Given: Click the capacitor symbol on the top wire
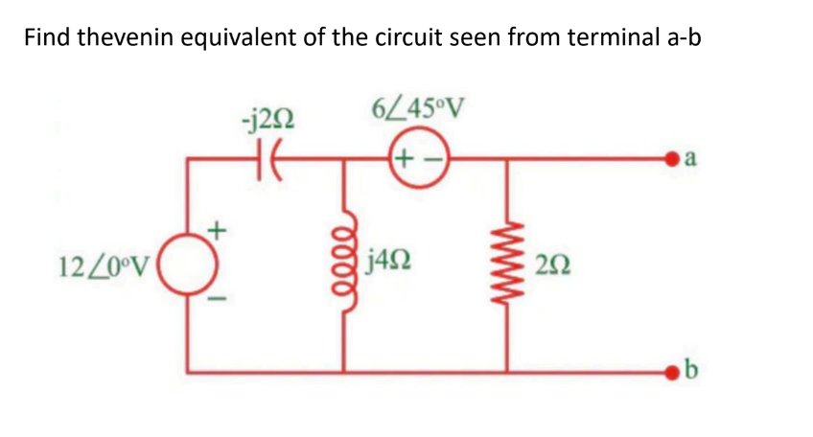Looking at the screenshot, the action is coord(269,159).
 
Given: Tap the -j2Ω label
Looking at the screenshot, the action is coord(268,121).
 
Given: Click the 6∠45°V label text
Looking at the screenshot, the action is coord(418,108).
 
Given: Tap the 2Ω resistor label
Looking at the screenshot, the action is coord(554,265).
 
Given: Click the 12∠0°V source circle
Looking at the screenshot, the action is coord(187,264).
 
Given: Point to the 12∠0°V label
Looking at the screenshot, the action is coord(105,265).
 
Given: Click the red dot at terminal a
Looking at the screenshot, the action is coord(673,159).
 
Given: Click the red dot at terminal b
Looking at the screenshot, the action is coord(673,371).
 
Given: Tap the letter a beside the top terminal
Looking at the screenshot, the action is coord(690,159).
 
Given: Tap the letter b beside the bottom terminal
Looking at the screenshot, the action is coord(691,369).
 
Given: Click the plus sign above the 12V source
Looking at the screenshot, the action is coord(218,230).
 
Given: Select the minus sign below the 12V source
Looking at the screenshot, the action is coord(218,299).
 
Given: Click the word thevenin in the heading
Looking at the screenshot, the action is coord(127,37).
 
